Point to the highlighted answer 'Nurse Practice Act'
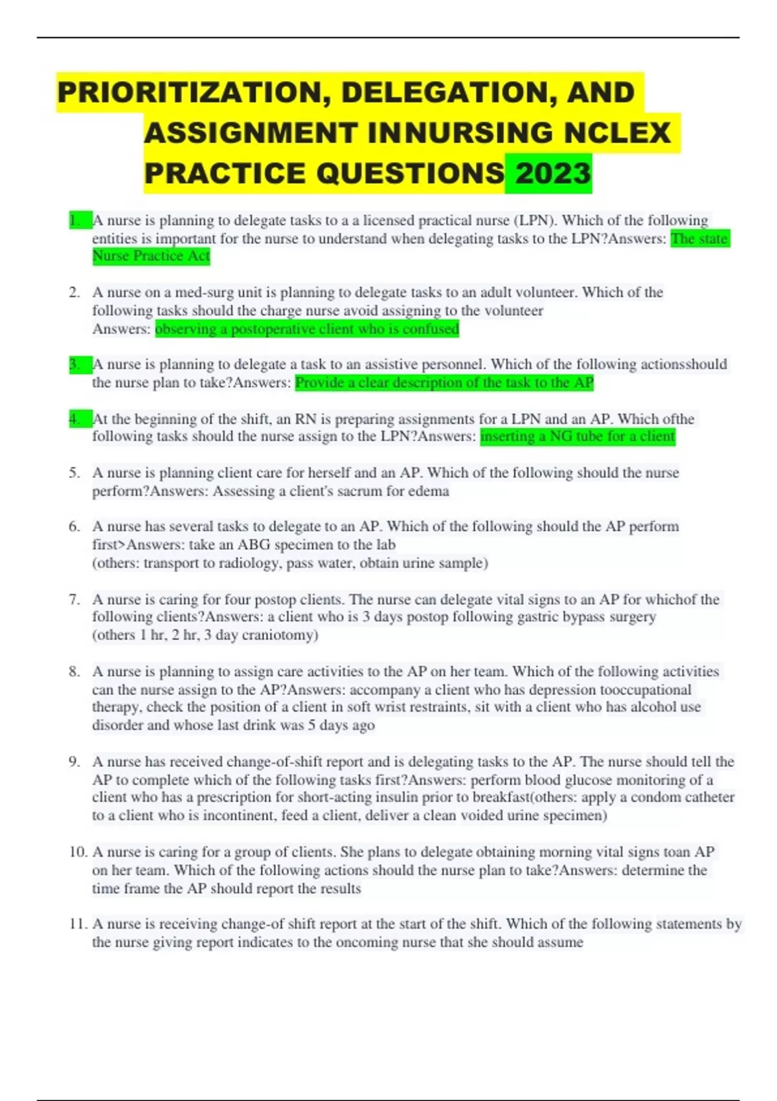pyautogui.click(x=151, y=256)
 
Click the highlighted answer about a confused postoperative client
pyautogui.click(x=307, y=329)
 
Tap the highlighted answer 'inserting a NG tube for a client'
pyautogui.click(x=578, y=437)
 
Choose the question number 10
pyautogui.click(x=78, y=852)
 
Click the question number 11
pyautogui.click(x=78, y=924)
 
